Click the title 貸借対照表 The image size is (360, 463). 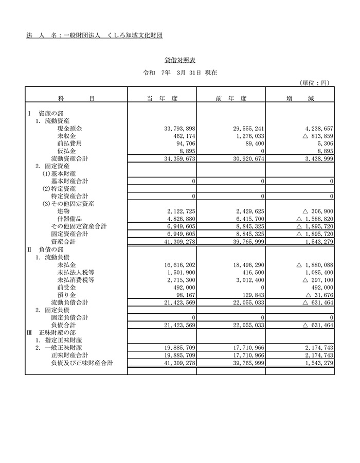179,61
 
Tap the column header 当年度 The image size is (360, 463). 162,98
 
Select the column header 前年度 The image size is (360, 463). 230,98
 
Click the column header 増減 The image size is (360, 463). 299,98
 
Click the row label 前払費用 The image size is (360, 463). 70,144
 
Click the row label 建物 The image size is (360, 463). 64,211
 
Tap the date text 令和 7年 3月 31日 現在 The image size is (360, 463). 180,73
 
